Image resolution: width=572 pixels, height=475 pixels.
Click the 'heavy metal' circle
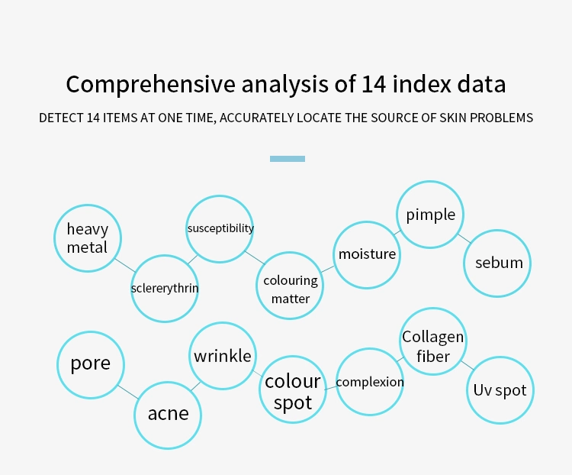[x=88, y=238]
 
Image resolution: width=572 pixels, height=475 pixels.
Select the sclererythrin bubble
[x=165, y=289]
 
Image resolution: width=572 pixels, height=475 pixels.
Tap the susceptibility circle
[x=220, y=229]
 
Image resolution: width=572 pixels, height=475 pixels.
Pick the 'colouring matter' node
[x=290, y=286]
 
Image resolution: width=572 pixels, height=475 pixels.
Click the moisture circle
[x=367, y=255]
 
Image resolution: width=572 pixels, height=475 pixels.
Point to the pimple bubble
[x=430, y=215]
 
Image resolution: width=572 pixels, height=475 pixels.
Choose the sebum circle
[x=497, y=263]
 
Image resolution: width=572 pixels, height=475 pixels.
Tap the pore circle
[x=91, y=365]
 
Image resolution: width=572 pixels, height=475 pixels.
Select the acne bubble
[x=168, y=415]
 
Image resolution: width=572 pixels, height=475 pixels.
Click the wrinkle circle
[x=223, y=356]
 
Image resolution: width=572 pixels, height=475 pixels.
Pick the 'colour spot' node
[x=293, y=389]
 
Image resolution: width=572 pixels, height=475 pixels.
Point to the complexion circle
[x=370, y=382]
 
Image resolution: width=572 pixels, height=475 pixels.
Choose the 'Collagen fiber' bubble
[x=433, y=341]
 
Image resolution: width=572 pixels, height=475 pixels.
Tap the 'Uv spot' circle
[x=500, y=390]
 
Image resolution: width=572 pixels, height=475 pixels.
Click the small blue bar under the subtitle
[x=288, y=159]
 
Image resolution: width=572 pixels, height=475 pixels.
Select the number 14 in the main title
[x=374, y=84]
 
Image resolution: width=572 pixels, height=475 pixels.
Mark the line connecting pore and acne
[x=127, y=392]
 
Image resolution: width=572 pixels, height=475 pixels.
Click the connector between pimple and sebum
[x=464, y=238]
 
